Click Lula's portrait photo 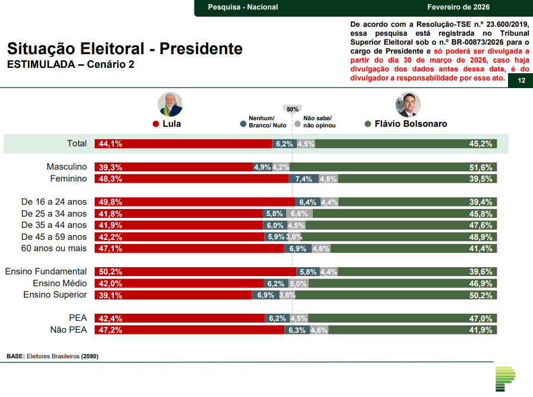click(x=170, y=104)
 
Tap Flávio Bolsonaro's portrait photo click(x=408, y=104)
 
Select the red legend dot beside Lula click(x=156, y=124)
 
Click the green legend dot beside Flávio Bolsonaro click(x=368, y=124)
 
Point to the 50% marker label click(x=292, y=109)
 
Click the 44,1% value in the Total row click(x=111, y=143)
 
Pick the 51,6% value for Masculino click(x=481, y=167)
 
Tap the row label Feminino click(x=67, y=179)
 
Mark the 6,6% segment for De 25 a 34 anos click(x=299, y=214)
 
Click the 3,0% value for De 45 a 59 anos click(x=294, y=237)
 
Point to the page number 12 click(x=521, y=81)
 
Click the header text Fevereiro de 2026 click(x=458, y=7)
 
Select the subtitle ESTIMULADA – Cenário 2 click(x=70, y=64)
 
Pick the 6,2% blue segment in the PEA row click(x=277, y=318)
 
